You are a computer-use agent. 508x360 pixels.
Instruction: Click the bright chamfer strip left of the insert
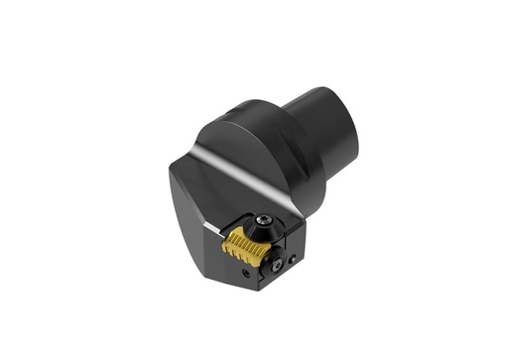210,225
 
